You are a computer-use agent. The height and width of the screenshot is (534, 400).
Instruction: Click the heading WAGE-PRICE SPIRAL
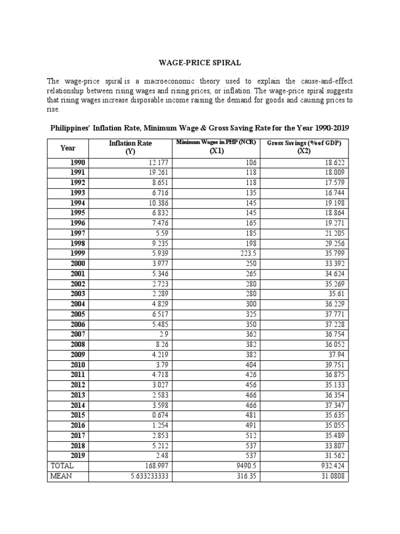tap(199, 63)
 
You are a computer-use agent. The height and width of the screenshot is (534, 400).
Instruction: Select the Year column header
tap(68, 148)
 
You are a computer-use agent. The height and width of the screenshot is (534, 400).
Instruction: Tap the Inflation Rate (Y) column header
tap(130, 148)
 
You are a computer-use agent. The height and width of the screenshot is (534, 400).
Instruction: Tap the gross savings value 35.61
tap(335, 294)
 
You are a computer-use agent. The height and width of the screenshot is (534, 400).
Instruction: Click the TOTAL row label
tap(63, 466)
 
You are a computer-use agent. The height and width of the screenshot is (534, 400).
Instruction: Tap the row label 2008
tap(78, 345)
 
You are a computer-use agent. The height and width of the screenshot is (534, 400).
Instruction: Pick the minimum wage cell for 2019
tap(251, 456)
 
